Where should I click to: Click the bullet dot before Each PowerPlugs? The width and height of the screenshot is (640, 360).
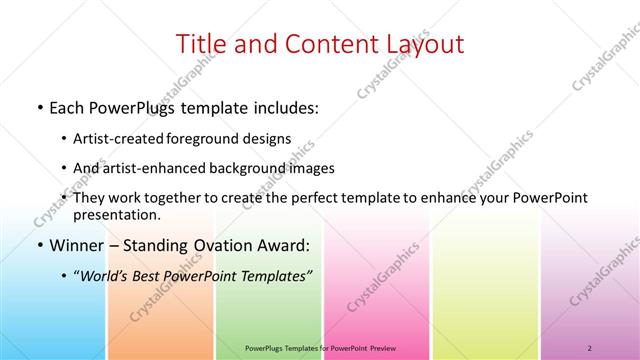coord(39,107)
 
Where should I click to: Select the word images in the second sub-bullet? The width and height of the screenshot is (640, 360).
coord(312,169)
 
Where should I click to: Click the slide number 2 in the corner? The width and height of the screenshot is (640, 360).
coord(591,348)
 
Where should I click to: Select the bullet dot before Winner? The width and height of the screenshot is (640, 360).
coord(39,245)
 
